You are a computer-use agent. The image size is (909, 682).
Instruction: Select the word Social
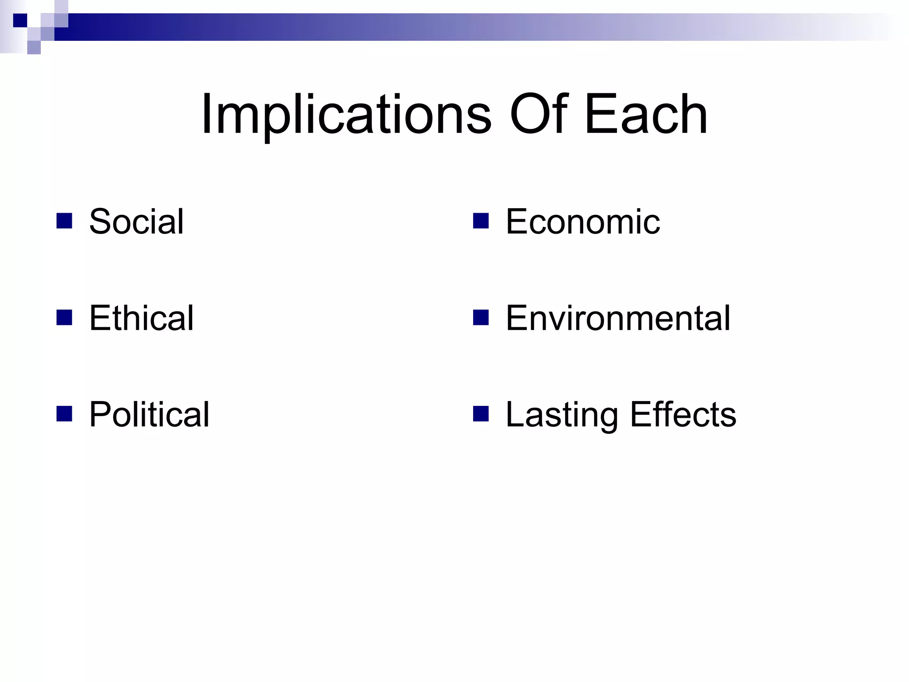tap(136, 222)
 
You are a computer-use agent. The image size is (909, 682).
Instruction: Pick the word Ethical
tap(141, 318)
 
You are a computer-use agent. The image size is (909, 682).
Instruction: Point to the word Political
tap(149, 415)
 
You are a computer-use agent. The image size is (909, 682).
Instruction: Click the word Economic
tap(582, 222)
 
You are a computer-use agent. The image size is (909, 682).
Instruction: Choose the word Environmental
tap(618, 318)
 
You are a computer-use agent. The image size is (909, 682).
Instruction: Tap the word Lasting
tap(561, 415)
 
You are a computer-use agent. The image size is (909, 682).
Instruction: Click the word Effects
tap(683, 415)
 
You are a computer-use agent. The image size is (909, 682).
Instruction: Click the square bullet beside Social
tap(64, 221)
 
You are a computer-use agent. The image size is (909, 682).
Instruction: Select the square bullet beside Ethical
tap(64, 317)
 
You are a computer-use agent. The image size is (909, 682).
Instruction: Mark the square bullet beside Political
tap(64, 413)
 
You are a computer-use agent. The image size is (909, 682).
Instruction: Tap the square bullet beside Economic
tap(481, 221)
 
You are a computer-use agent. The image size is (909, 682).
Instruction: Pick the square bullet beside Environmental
tap(481, 317)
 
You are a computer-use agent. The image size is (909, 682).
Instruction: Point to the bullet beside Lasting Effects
tap(481, 413)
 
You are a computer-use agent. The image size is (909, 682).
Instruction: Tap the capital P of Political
tap(100, 414)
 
